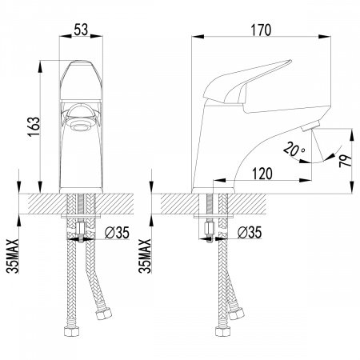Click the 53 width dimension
pyautogui.click(x=81, y=30)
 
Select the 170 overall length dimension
pyautogui.click(x=261, y=30)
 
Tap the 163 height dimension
pyautogui.click(x=34, y=127)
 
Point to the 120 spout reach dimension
pyautogui.click(x=262, y=174)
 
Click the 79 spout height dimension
pyautogui.click(x=345, y=161)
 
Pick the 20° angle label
pyautogui.click(x=294, y=150)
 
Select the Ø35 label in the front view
pyautogui.click(x=117, y=233)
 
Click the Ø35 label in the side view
pyautogui.click(x=250, y=232)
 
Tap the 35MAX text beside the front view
pyautogui.click(x=13, y=256)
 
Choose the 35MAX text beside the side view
pyautogui.click(x=145, y=256)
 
